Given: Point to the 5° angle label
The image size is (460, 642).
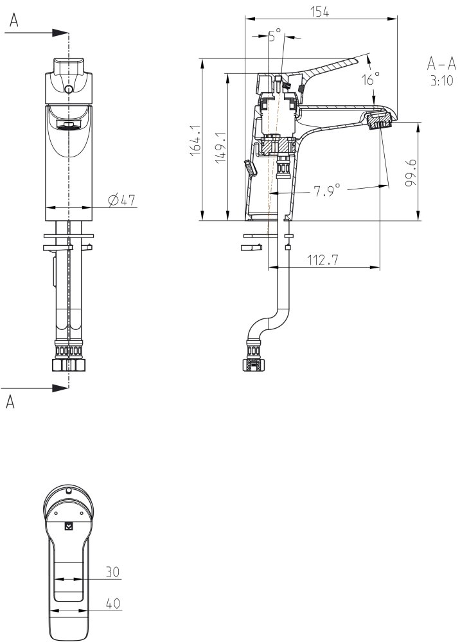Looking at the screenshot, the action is pyautogui.click(x=275, y=35).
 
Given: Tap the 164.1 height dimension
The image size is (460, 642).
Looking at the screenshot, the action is pyautogui.click(x=195, y=140).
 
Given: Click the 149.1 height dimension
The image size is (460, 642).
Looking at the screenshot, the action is pyautogui.click(x=221, y=147).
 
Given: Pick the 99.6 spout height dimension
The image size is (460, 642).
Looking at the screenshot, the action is pyautogui.click(x=411, y=173).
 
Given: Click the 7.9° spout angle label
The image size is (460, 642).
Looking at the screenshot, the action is pyautogui.click(x=327, y=190).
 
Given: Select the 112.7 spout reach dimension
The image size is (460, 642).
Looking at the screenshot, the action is pyautogui.click(x=323, y=259).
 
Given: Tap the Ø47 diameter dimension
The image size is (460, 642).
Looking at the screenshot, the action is pyautogui.click(x=121, y=200).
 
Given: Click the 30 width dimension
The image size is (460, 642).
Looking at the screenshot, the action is pyautogui.click(x=112, y=571).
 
